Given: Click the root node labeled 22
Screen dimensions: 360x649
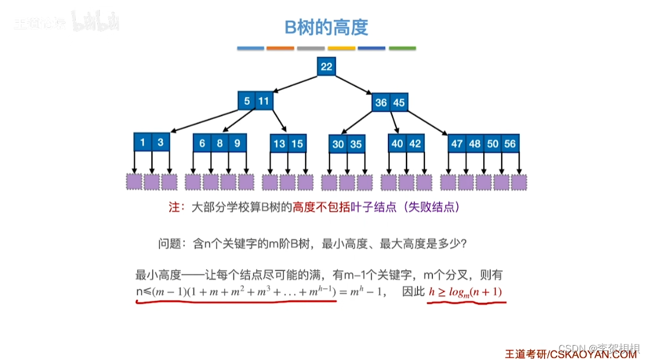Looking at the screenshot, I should click(x=326, y=67).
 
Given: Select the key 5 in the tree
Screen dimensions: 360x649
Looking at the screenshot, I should click(x=247, y=101).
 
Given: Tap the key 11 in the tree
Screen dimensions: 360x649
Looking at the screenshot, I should click(x=263, y=101).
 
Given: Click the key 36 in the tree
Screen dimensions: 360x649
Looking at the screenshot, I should click(x=381, y=103).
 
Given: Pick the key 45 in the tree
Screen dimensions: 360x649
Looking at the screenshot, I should click(x=399, y=103).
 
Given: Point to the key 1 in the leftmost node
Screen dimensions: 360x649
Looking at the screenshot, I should click(x=143, y=143).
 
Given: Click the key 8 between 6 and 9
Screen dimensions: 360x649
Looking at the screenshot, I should click(x=220, y=143).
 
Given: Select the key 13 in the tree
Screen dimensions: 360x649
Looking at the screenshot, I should click(x=279, y=144).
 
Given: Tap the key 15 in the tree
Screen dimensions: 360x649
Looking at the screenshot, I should click(x=297, y=144).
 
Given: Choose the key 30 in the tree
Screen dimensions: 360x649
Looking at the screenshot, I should click(x=338, y=144).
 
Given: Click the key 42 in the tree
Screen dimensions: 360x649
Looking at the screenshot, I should click(x=415, y=144).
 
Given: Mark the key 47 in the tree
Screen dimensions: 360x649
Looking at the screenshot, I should click(x=457, y=144).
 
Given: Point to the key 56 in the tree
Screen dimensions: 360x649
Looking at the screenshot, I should click(x=510, y=144).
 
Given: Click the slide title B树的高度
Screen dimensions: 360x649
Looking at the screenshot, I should click(x=325, y=27).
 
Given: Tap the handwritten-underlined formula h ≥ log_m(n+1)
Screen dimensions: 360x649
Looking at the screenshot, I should click(x=466, y=292).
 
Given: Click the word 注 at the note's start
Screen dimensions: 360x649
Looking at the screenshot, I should click(x=175, y=207).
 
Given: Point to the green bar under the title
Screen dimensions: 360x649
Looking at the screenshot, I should click(x=402, y=48).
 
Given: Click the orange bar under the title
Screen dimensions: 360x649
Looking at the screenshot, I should click(x=280, y=48).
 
